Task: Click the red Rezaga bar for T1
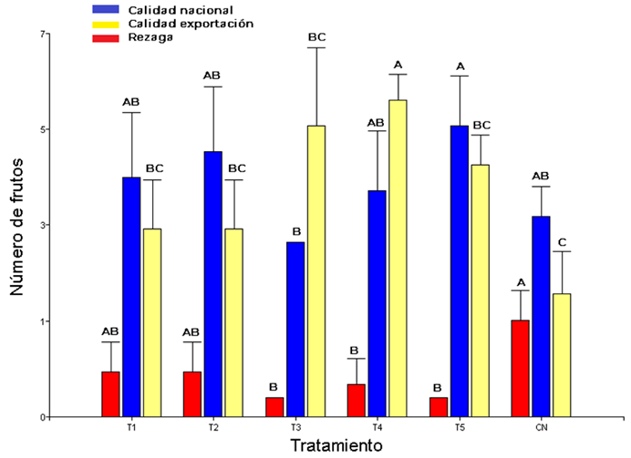point(111,394)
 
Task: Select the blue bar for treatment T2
point(212,284)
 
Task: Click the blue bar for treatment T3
point(294,329)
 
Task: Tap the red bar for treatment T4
point(356,400)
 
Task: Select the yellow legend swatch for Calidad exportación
point(107,23)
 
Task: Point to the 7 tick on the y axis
point(44,33)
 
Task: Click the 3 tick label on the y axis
point(44,225)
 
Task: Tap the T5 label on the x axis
point(459,428)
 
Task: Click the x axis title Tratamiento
point(337,446)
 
